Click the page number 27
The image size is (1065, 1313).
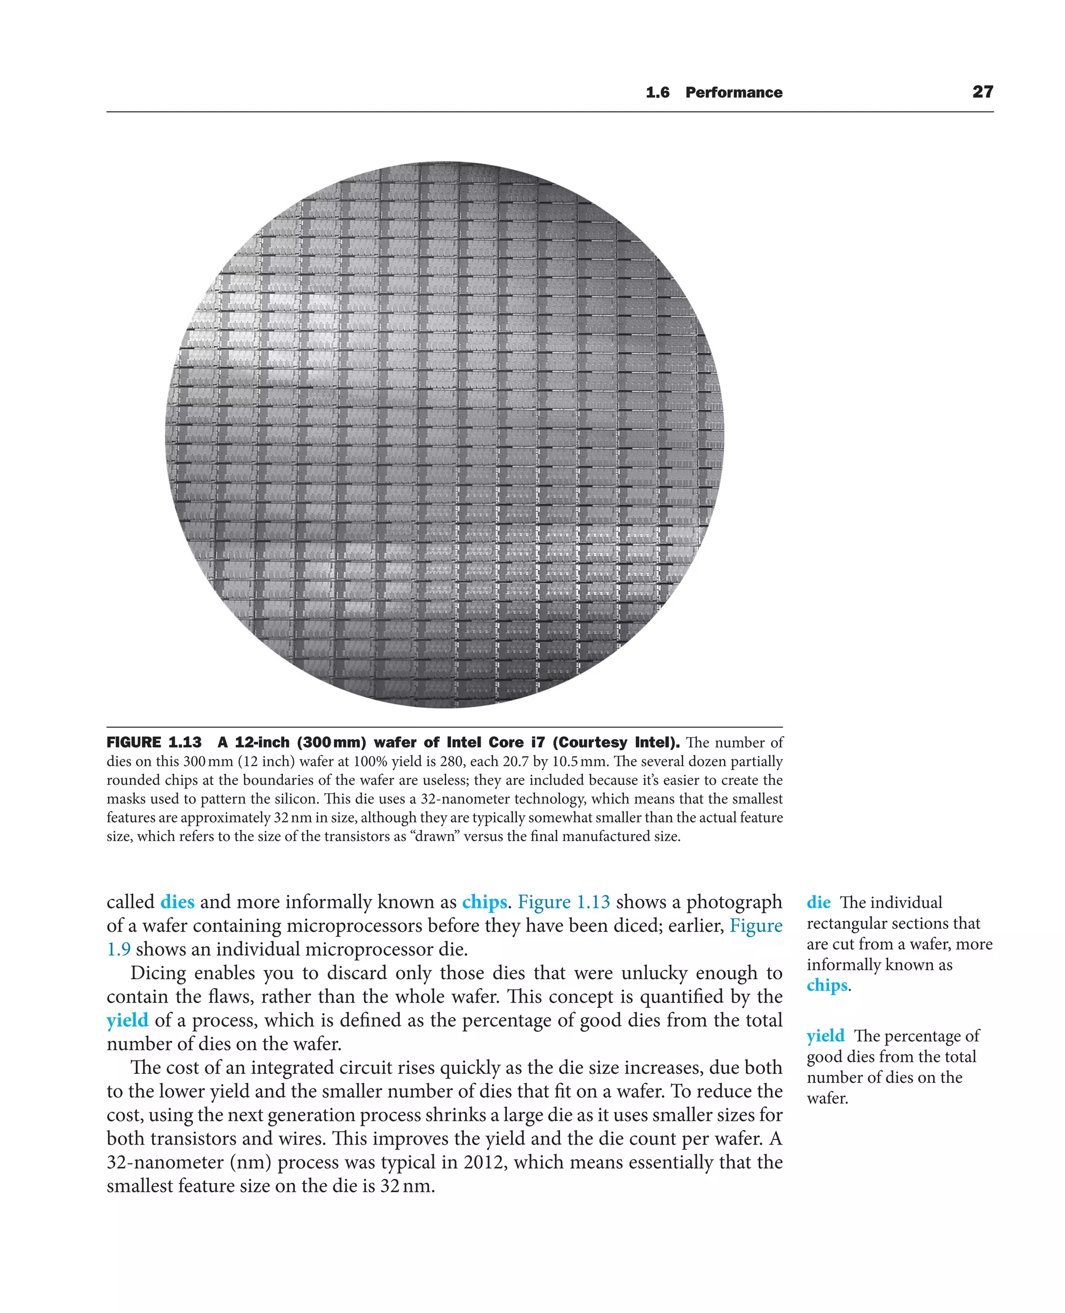(x=982, y=92)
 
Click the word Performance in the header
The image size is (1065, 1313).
(x=734, y=93)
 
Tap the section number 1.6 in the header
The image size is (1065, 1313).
(x=657, y=93)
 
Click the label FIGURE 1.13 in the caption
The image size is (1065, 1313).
(x=154, y=743)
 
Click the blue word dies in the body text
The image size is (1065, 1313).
(x=177, y=902)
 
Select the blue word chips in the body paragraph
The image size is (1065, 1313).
(x=484, y=902)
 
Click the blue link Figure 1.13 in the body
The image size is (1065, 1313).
(x=564, y=902)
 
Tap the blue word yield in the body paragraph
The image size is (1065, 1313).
(x=127, y=1020)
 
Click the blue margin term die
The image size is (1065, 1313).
(x=819, y=903)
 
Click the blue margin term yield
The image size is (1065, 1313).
(x=825, y=1036)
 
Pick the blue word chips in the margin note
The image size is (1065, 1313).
(x=827, y=986)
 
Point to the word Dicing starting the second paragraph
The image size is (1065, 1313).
(x=158, y=973)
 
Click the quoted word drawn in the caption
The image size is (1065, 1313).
(x=438, y=836)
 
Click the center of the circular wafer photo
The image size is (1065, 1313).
(x=444, y=435)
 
